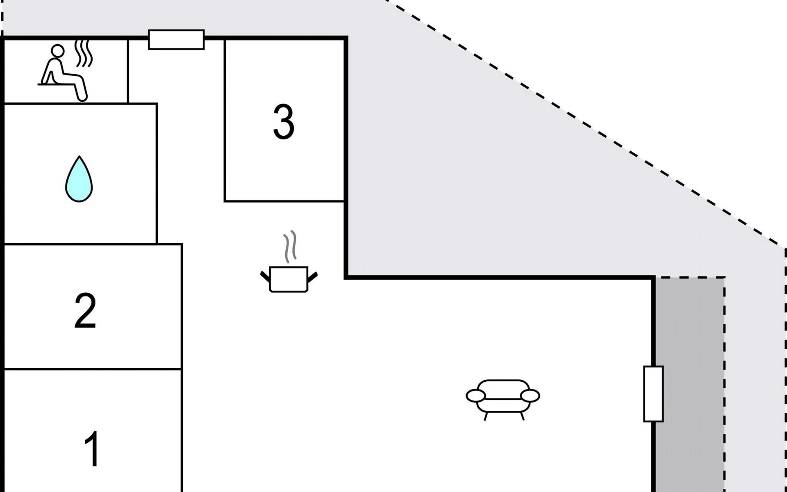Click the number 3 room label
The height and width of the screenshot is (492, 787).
coord(284,121)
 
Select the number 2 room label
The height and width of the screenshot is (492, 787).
coord(85,310)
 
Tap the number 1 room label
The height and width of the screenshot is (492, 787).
coord(92,449)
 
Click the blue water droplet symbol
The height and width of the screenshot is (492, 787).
coord(79,179)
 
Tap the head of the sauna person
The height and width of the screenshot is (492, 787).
coord(58,51)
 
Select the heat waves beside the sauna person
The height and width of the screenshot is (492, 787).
coord(84,53)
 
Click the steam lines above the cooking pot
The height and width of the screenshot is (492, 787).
coord(291,246)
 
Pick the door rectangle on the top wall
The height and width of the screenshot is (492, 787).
coord(176,40)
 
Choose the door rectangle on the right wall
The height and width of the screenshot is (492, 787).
coord(653,394)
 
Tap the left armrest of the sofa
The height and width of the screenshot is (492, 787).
coord(476,396)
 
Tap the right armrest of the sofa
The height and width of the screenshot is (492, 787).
coord(530,396)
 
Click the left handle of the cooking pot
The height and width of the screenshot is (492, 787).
coord(265,277)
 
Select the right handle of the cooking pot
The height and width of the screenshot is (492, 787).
coord(312,277)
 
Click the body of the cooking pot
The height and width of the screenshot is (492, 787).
coord(289,279)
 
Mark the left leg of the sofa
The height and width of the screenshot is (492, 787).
coord(486,416)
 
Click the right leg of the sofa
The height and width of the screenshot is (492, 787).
coord(522,416)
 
